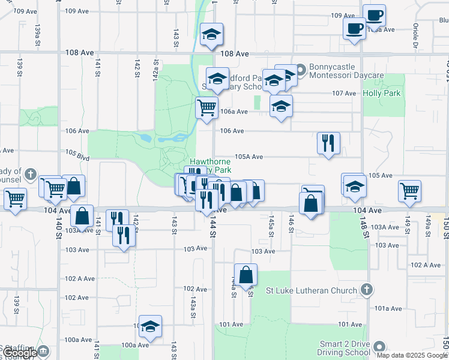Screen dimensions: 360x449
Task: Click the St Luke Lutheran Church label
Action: coord(310,291)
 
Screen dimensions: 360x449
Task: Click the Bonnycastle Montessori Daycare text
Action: coord(346,71)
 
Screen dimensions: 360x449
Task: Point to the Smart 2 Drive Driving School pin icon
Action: coord(379,347)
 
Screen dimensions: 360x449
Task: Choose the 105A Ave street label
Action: coord(249,157)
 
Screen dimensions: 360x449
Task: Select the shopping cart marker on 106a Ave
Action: coord(206,108)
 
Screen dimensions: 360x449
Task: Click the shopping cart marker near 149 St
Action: coord(409,191)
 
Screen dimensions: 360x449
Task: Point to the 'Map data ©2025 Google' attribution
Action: coord(412,355)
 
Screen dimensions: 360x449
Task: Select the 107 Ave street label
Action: coord(345,94)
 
